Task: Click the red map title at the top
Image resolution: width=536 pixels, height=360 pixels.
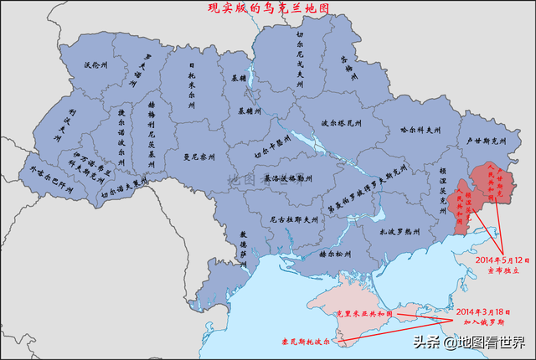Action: coord(268,8)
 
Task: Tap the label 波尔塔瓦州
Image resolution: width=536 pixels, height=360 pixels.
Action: coord(341,122)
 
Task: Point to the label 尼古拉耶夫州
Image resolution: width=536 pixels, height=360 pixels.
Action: coord(294,220)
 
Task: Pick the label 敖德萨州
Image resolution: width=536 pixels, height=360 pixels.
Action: coord(244,243)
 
